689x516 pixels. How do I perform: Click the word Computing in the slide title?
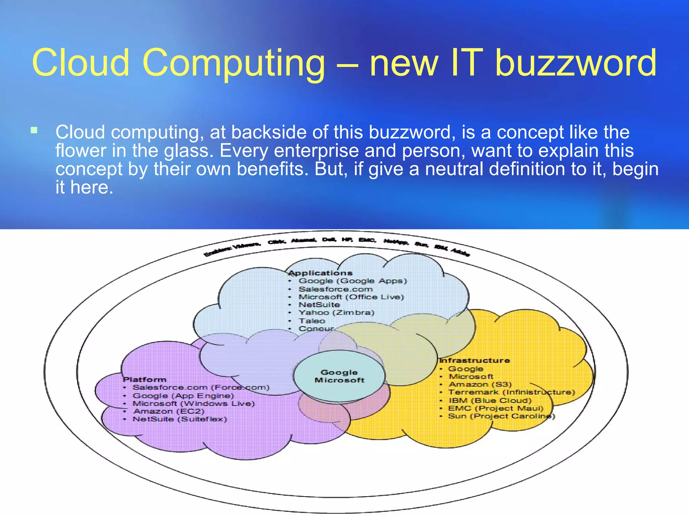pyautogui.click(x=234, y=63)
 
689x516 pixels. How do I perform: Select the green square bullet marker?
pyautogui.click(x=34, y=130)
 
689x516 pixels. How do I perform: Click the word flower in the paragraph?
pyautogui.click(x=81, y=150)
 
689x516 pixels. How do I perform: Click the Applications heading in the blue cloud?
pyautogui.click(x=321, y=273)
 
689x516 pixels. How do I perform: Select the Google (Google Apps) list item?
pyautogui.click(x=353, y=281)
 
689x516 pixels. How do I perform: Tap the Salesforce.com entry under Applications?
pyautogui.click(x=336, y=289)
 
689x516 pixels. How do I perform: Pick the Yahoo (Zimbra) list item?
pyautogui.click(x=336, y=312)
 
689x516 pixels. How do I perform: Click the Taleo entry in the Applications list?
pyautogui.click(x=312, y=321)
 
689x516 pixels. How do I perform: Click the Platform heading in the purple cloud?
pyautogui.click(x=145, y=379)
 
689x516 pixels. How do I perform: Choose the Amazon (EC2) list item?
pyautogui.click(x=169, y=411)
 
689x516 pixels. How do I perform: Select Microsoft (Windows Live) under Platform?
pyautogui.click(x=193, y=403)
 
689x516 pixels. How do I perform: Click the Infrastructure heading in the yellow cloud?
pyautogui.click(x=474, y=360)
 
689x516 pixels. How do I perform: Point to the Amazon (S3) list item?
pyautogui.click(x=480, y=384)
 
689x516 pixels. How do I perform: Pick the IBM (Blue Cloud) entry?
pyautogui.click(x=490, y=400)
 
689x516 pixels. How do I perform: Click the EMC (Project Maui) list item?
pyautogui.click(x=496, y=408)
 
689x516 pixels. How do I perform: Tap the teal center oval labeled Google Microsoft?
pyautogui.click(x=339, y=376)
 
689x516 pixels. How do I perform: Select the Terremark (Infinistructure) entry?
pyautogui.click(x=511, y=392)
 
